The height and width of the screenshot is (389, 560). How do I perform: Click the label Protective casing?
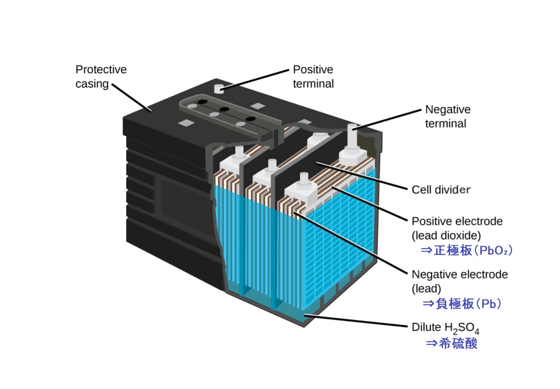pyautogui.click(x=101, y=77)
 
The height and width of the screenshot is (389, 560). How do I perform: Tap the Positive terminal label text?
pyautogui.click(x=313, y=77)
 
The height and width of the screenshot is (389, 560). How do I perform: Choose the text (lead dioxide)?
pyautogui.click(x=446, y=236)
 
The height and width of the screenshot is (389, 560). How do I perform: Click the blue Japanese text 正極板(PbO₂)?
pyautogui.click(x=466, y=251)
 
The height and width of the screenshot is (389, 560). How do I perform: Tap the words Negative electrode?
pyautogui.click(x=459, y=275)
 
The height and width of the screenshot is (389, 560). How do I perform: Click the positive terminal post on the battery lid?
pyautogui.click(x=219, y=89)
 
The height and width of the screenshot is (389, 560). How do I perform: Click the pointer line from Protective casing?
pyautogui.click(x=131, y=96)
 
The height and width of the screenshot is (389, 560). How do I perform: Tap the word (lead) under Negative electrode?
pyautogui.click(x=427, y=289)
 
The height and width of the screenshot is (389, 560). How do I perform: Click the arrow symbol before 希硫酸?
pyautogui.click(x=431, y=343)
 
